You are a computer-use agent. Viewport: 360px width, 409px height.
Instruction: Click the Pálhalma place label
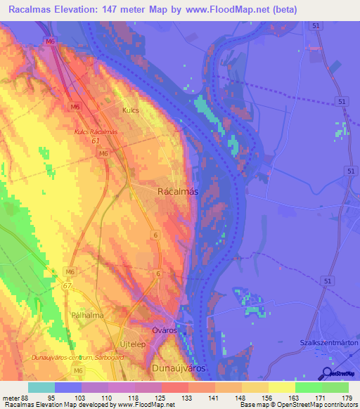88,316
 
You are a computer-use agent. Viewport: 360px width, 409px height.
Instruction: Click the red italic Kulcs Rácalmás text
96,131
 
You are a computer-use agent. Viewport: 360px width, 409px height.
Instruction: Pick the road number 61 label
95,141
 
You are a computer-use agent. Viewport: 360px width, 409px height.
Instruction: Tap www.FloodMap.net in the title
219,10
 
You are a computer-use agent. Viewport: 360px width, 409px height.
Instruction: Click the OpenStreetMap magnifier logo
328,373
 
